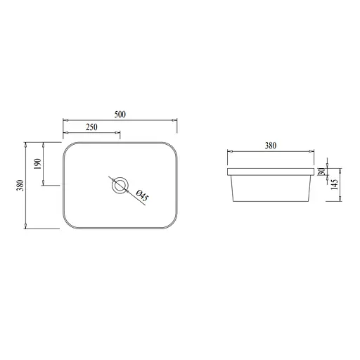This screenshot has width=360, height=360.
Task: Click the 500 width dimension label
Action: (120, 115)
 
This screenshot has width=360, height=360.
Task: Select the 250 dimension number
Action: (91, 127)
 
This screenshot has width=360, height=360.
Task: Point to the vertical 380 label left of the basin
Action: (20, 184)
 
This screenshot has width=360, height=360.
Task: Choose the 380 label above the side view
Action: (271, 146)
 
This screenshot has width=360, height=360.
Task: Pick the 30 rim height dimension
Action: (321, 172)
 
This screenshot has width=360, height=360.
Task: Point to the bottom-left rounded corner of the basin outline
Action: (67, 224)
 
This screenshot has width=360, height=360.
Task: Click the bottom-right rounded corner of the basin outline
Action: (172, 224)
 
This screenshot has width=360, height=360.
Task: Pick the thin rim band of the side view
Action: (271, 172)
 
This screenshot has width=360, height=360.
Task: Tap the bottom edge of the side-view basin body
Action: (271, 202)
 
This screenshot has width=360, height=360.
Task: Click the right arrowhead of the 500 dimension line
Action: (174, 120)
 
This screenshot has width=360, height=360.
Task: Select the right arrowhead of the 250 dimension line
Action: (119, 133)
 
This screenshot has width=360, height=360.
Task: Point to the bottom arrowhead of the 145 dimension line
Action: (342, 200)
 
